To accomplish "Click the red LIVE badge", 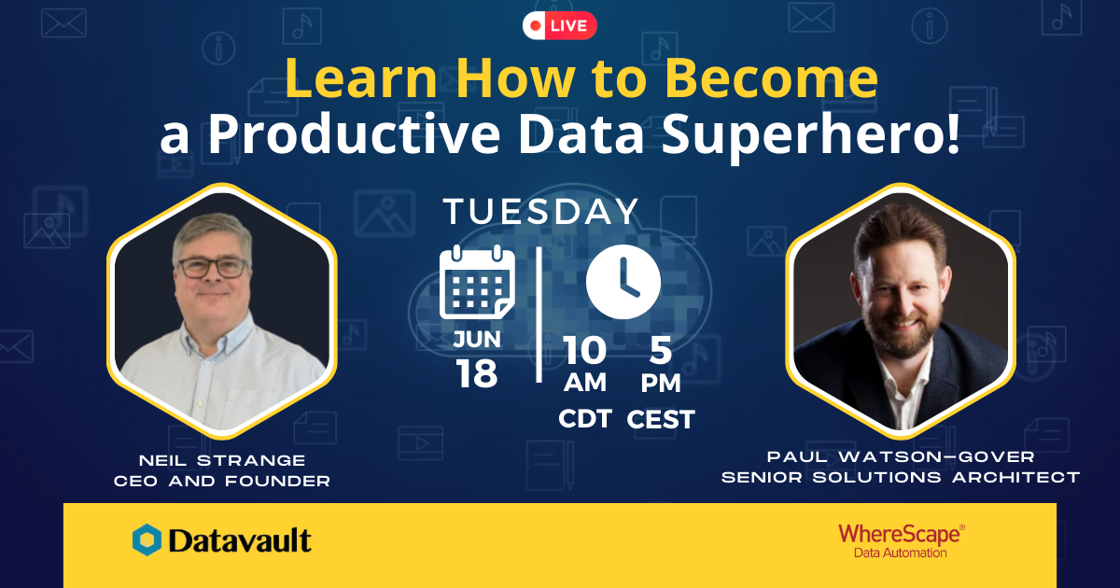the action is click(x=559, y=25).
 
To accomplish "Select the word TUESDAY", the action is click(x=541, y=212).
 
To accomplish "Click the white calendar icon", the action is click(x=477, y=282).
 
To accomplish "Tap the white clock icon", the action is click(x=623, y=282).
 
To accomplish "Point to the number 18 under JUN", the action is click(x=477, y=374).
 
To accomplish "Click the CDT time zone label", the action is click(x=585, y=419).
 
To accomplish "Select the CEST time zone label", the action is click(x=661, y=419).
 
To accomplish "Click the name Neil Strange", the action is click(x=222, y=460).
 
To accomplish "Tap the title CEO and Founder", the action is click(x=222, y=481).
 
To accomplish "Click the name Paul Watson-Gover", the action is click(x=901, y=456).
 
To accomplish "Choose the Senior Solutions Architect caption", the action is click(x=901, y=478).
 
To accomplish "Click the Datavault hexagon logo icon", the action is click(x=147, y=540).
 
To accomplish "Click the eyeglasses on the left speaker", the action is click(x=213, y=268).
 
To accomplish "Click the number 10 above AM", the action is click(x=584, y=351).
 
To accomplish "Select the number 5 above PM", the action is click(x=661, y=351).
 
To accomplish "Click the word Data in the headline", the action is click(x=581, y=133).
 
